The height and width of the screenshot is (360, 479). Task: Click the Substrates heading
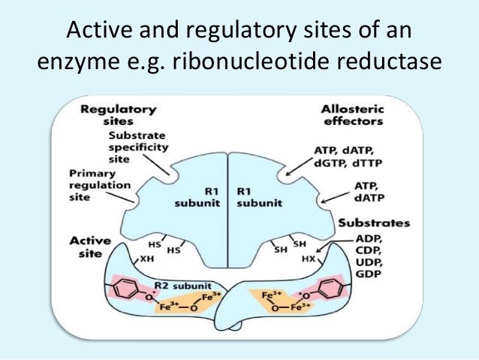coord(374,223)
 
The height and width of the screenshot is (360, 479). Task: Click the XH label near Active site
coord(149,258)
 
